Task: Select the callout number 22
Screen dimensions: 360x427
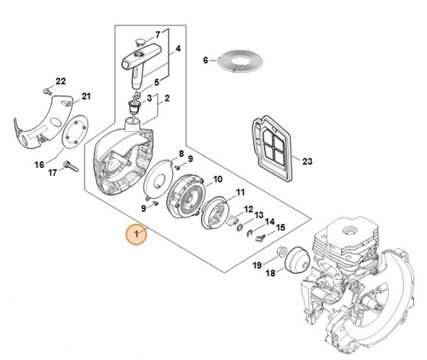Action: coord(61,80)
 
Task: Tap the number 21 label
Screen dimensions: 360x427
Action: coord(86,96)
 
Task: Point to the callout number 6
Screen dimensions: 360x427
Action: coord(206,60)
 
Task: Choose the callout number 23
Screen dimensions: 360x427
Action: coord(308,161)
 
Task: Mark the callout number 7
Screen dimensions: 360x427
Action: coord(157,34)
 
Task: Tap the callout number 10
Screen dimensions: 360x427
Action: coord(218,179)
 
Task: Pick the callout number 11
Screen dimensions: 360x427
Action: coord(240,193)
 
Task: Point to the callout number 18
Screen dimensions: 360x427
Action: coord(269,272)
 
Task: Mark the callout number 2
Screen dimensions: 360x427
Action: coord(167,98)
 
